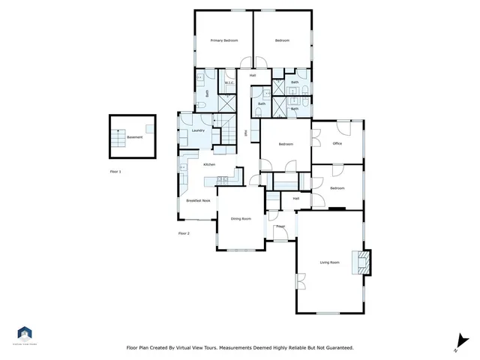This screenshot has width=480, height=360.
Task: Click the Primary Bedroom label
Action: [x=223, y=40]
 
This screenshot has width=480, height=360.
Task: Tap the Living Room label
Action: [x=330, y=262]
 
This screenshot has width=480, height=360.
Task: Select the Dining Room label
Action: [x=241, y=218]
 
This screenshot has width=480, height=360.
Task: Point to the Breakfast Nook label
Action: [x=198, y=201]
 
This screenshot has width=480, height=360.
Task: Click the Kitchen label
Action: [x=209, y=164]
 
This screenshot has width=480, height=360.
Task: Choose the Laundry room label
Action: [x=199, y=130]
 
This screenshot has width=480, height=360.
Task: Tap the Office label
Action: [x=337, y=143]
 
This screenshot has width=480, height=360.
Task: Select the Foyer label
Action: [x=280, y=226]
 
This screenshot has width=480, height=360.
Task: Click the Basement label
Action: [x=133, y=137]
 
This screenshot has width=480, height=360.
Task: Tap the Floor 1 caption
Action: [x=115, y=172]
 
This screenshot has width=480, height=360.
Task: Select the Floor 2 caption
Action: [x=184, y=234]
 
